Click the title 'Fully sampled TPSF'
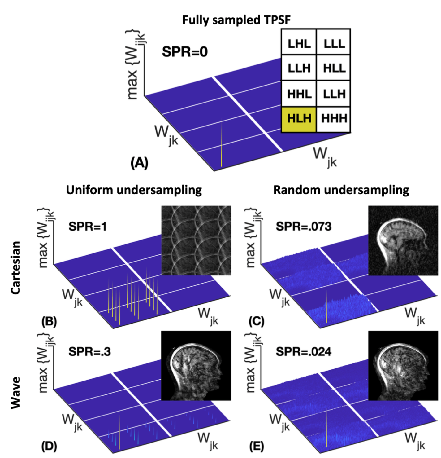pos(236,20)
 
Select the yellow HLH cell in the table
pos(299,119)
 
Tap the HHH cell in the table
pos(334,119)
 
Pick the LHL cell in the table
pos(299,43)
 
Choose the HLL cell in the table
pos(334,68)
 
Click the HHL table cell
pos(299,94)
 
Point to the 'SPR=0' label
pos(185,52)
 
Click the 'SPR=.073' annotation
pos(303,227)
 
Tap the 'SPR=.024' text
pos(303,352)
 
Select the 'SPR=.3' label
pos(89,352)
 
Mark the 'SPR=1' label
pos(88,227)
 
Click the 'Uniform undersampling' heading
pos(134,190)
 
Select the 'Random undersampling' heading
pos(341,190)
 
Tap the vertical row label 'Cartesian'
pos(15,267)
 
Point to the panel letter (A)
pos(139,163)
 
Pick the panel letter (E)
pos(256,446)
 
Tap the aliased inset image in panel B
pos(196,240)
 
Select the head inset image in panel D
pos(196,366)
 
